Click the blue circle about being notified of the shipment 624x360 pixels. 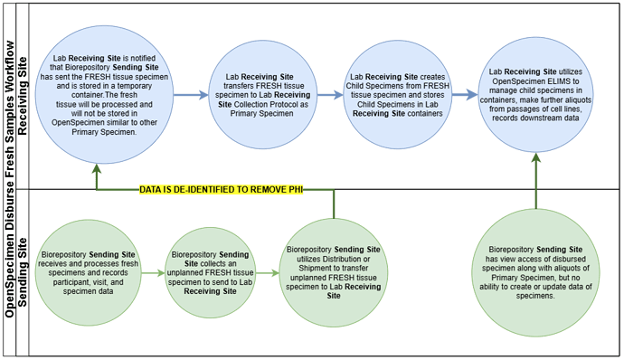97,94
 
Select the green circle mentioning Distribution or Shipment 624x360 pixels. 333,269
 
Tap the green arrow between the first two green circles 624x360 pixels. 153,270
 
